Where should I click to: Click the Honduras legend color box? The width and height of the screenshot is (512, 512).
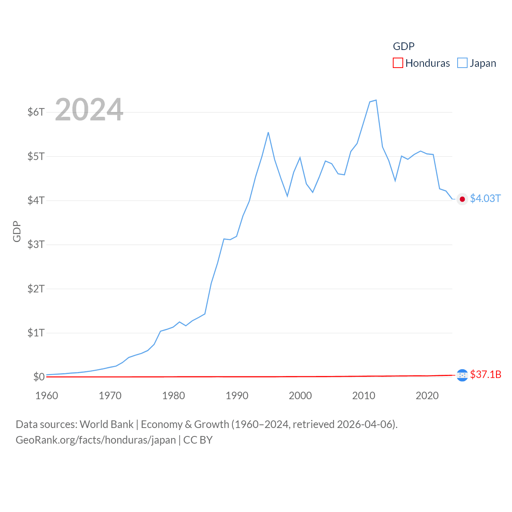[398, 63]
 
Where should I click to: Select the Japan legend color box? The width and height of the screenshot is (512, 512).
[462, 63]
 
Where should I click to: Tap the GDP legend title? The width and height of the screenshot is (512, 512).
[404, 46]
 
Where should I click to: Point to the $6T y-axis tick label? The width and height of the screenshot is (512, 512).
[36, 112]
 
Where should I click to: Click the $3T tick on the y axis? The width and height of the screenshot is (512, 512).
[36, 244]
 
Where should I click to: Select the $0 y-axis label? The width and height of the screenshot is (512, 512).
[39, 377]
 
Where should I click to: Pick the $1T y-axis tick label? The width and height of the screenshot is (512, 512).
[36, 333]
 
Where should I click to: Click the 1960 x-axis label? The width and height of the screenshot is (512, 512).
[47, 396]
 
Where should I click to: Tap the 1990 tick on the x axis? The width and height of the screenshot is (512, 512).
[237, 396]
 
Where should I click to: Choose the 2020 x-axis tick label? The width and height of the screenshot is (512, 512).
[427, 396]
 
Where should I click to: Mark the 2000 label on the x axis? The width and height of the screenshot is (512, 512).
[300, 396]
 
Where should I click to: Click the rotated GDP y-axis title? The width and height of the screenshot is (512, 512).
[17, 231]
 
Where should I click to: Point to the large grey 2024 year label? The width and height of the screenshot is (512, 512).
[89, 110]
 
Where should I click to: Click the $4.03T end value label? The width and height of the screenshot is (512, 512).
[485, 199]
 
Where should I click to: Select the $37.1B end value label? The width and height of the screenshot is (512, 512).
[486, 374]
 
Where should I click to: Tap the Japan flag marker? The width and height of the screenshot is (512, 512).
[462, 199]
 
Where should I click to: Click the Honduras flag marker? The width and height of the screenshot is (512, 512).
[462, 375]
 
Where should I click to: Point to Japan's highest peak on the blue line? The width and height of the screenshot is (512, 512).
[376, 100]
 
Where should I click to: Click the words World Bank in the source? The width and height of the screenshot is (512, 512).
[106, 424]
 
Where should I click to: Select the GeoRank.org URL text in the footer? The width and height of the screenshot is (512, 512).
[96, 440]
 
